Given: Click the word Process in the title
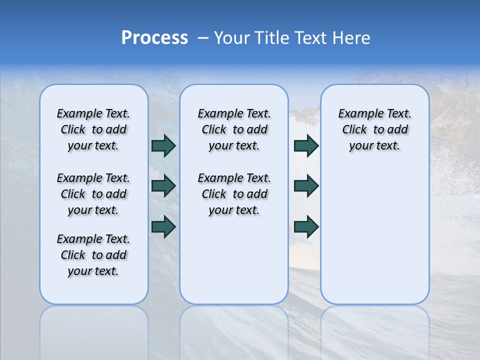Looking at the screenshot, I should pyautogui.click(x=154, y=38).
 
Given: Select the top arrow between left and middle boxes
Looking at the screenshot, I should pyautogui.click(x=163, y=145).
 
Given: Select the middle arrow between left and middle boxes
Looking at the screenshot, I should pyautogui.click(x=163, y=186).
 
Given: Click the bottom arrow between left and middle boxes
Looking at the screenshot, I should pyautogui.click(x=163, y=227).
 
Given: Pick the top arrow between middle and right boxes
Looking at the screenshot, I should pyautogui.click(x=306, y=145).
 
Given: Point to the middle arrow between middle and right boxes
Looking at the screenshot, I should pyautogui.click(x=306, y=186).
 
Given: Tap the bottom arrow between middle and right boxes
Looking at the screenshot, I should pyautogui.click(x=306, y=227).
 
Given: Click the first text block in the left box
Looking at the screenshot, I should pyautogui.click(x=93, y=129).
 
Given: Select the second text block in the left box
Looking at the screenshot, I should pyautogui.click(x=93, y=194).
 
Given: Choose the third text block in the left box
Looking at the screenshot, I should pyautogui.click(x=93, y=255).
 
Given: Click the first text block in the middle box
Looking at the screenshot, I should pyautogui.click(x=234, y=129).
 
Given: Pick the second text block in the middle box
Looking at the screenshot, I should pyautogui.click(x=234, y=194).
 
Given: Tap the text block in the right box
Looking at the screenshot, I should pyautogui.click(x=374, y=129).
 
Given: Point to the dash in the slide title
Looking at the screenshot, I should pyautogui.click(x=203, y=38).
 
